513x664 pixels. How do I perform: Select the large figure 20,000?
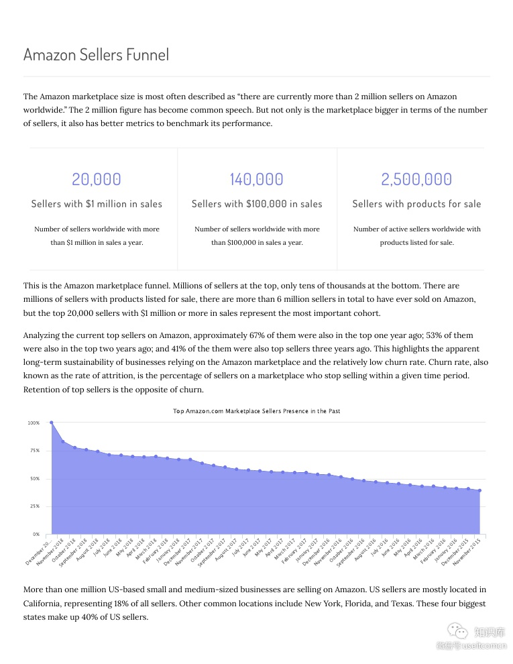(97, 179)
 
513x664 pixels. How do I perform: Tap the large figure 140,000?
(257, 179)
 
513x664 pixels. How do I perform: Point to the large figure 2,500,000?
(416, 179)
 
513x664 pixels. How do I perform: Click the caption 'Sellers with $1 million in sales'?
(97, 204)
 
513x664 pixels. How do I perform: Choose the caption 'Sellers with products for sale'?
(416, 204)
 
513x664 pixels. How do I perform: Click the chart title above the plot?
(256, 410)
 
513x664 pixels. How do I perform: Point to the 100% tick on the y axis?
(34, 423)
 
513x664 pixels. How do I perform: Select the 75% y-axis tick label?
(34, 451)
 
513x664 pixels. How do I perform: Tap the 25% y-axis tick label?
(34, 506)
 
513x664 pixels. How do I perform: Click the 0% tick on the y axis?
(36, 535)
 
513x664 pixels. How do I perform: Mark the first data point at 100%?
(52, 423)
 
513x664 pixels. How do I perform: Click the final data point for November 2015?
(479, 490)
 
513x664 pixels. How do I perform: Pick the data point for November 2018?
(63, 441)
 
